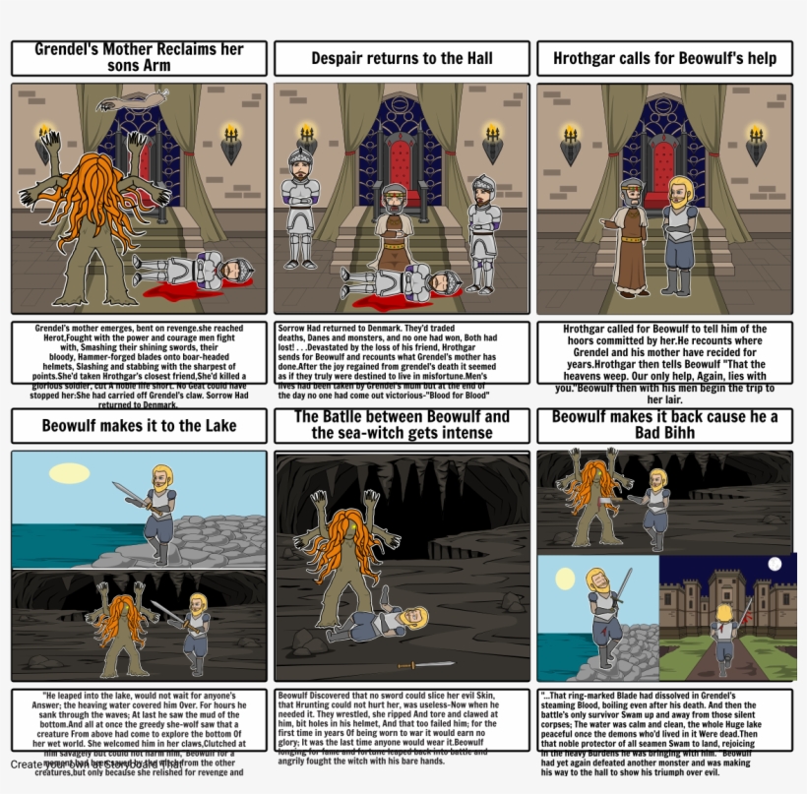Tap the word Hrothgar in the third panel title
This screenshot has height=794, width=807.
tap(591, 58)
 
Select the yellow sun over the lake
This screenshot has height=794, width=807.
tap(69, 472)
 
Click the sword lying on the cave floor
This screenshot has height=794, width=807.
tap(399, 664)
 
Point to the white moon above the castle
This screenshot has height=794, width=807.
tap(775, 564)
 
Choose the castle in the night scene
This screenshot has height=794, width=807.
tap(723, 600)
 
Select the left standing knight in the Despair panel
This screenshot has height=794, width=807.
tap(299, 207)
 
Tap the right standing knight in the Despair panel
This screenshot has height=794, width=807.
tap(482, 231)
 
